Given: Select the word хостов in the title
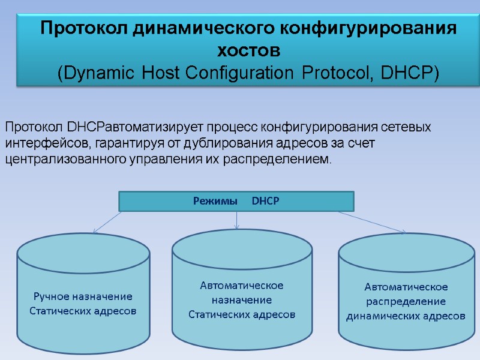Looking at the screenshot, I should point(248,49).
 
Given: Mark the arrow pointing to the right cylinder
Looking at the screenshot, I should point(372,222).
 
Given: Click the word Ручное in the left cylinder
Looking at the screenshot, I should point(52,297).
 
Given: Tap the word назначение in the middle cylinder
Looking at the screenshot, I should point(242,299).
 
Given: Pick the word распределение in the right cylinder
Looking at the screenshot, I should point(406,301).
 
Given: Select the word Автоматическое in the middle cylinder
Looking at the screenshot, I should point(242,285).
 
